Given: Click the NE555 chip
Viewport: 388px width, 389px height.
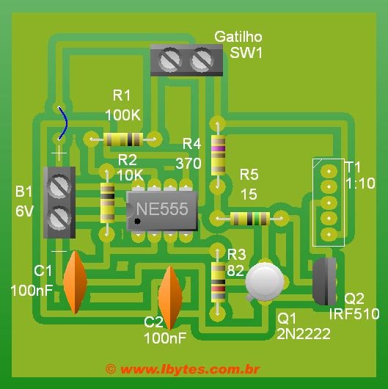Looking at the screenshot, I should (161, 209).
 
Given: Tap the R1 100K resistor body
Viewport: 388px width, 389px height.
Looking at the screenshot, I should (122, 139).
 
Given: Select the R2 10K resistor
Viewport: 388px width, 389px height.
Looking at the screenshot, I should (107, 203).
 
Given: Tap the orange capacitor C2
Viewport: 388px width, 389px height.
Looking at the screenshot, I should (170, 297).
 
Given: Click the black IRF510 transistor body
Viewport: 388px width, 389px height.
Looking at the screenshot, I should (325, 281).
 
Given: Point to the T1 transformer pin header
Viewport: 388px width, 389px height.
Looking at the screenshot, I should (328, 202).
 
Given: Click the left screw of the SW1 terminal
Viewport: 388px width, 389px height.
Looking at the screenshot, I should (172, 59).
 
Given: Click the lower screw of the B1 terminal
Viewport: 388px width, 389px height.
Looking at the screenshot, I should (59, 217).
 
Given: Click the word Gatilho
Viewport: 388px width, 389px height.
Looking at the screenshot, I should (238, 37).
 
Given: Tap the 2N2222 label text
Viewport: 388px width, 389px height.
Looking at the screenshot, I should (304, 333).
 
